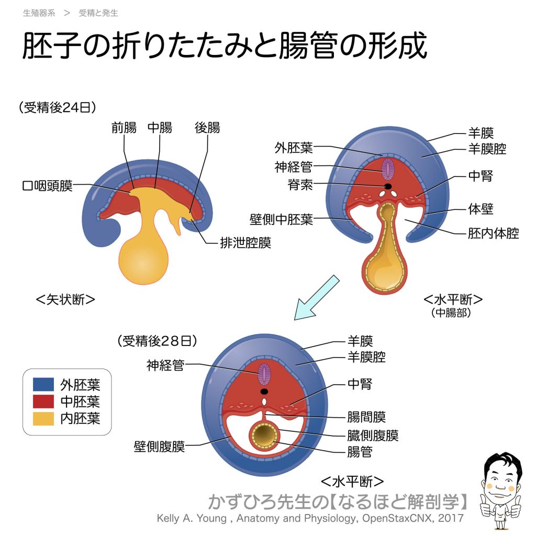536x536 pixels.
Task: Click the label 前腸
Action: [124, 127]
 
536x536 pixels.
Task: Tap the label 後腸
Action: [207, 127]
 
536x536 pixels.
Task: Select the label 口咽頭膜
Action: [48, 186]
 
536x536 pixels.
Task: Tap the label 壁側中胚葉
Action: [281, 219]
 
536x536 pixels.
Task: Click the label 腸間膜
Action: [366, 417]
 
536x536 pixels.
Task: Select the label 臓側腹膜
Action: [373, 435]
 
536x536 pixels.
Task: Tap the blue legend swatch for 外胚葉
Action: [43, 385]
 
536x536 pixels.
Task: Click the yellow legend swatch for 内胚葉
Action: [43, 418]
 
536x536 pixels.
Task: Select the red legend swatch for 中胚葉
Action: [43, 401]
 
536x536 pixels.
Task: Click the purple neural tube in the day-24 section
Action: [388, 169]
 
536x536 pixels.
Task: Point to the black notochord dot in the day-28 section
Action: [265, 391]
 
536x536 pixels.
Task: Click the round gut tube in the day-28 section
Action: [264, 436]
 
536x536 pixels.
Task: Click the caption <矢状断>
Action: [65, 299]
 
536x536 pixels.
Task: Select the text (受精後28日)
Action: [158, 341]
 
